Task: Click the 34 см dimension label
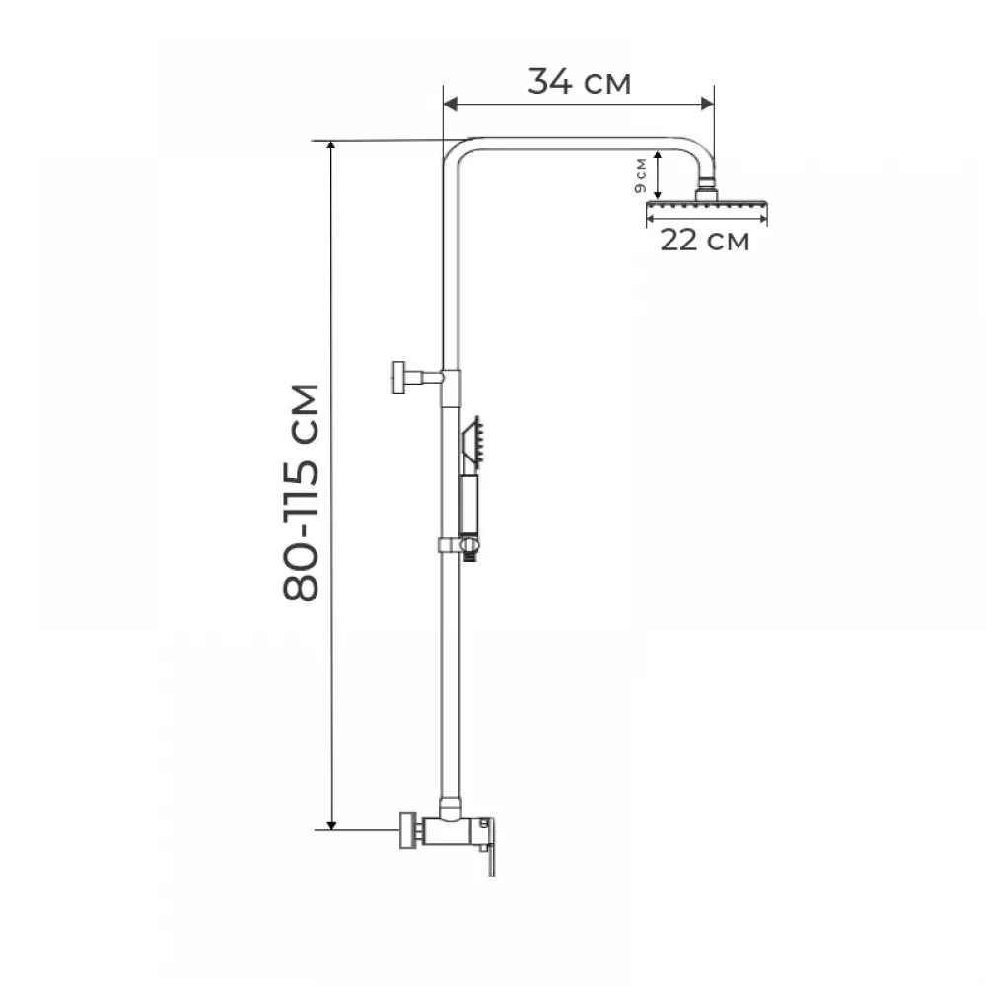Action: pos(579,82)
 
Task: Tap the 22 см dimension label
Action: pos(704,241)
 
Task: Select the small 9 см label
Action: pos(640,176)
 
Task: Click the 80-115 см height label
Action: pos(301,492)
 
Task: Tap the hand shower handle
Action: pos(469,506)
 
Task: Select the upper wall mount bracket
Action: pos(417,378)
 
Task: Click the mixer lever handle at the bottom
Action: pos(489,846)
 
